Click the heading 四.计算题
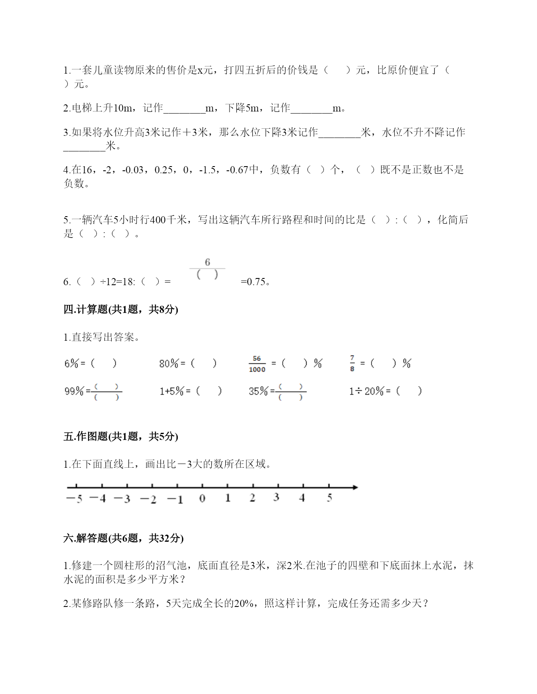(120, 310)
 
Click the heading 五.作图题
(120, 437)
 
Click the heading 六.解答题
(123, 538)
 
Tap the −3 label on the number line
(122, 499)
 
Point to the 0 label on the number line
(202, 498)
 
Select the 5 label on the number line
(329, 498)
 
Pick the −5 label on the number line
(74, 499)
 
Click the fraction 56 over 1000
(257, 364)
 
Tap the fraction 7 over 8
(352, 363)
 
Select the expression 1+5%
(171, 392)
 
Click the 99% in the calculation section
(74, 392)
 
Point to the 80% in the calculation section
(169, 363)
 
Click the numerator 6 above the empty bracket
(207, 262)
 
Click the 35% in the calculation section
(258, 392)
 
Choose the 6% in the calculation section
(72, 363)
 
